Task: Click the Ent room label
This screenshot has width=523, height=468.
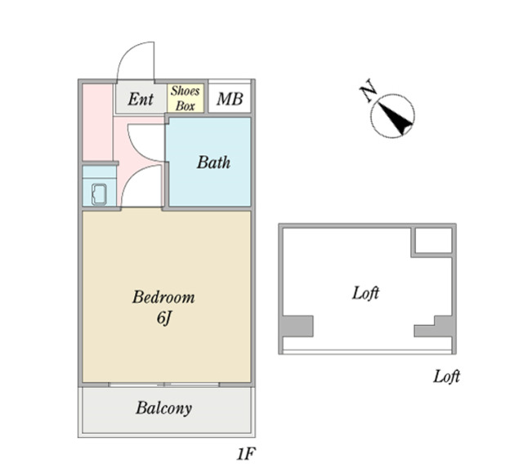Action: click(x=141, y=100)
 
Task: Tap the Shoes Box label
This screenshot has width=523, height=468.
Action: click(x=185, y=98)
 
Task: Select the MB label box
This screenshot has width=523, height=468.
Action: click(x=229, y=100)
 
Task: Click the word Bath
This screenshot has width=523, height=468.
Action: click(x=213, y=162)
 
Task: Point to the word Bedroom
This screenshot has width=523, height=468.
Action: click(x=163, y=296)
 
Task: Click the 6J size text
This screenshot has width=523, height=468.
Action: click(x=163, y=318)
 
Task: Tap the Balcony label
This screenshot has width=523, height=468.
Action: click(x=163, y=408)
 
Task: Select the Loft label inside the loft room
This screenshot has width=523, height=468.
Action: click(x=365, y=292)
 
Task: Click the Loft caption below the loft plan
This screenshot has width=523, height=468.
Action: click(x=446, y=377)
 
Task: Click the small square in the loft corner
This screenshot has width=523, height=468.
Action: click(x=431, y=241)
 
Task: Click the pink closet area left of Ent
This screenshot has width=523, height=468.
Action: click(x=96, y=123)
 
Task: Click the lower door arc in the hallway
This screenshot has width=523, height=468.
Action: click(x=144, y=186)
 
